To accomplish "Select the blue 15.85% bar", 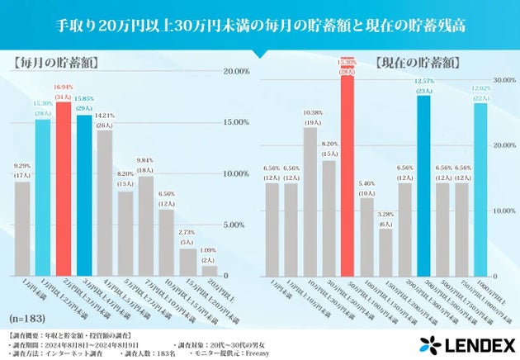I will coord(84,195).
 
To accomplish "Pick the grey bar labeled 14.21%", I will coord(105,202).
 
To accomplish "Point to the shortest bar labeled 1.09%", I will coord(208,270).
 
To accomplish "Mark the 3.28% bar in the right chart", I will coord(385,252).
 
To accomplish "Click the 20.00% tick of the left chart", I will coord(236,71).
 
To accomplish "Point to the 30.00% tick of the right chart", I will coord(505,81).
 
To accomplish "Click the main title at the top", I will coord(259,25).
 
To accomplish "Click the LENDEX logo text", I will coord(474,343).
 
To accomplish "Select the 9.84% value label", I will coord(145,160).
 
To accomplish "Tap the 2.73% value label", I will coord(187,234).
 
